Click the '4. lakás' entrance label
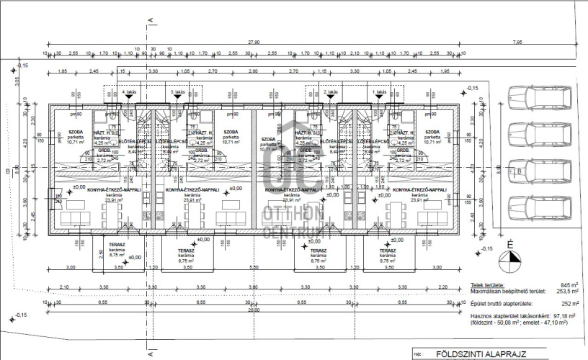point(129,93)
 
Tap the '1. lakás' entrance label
point(378,93)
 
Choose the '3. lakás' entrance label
point(177,93)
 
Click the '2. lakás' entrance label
point(330,93)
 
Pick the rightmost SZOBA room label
point(432,132)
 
